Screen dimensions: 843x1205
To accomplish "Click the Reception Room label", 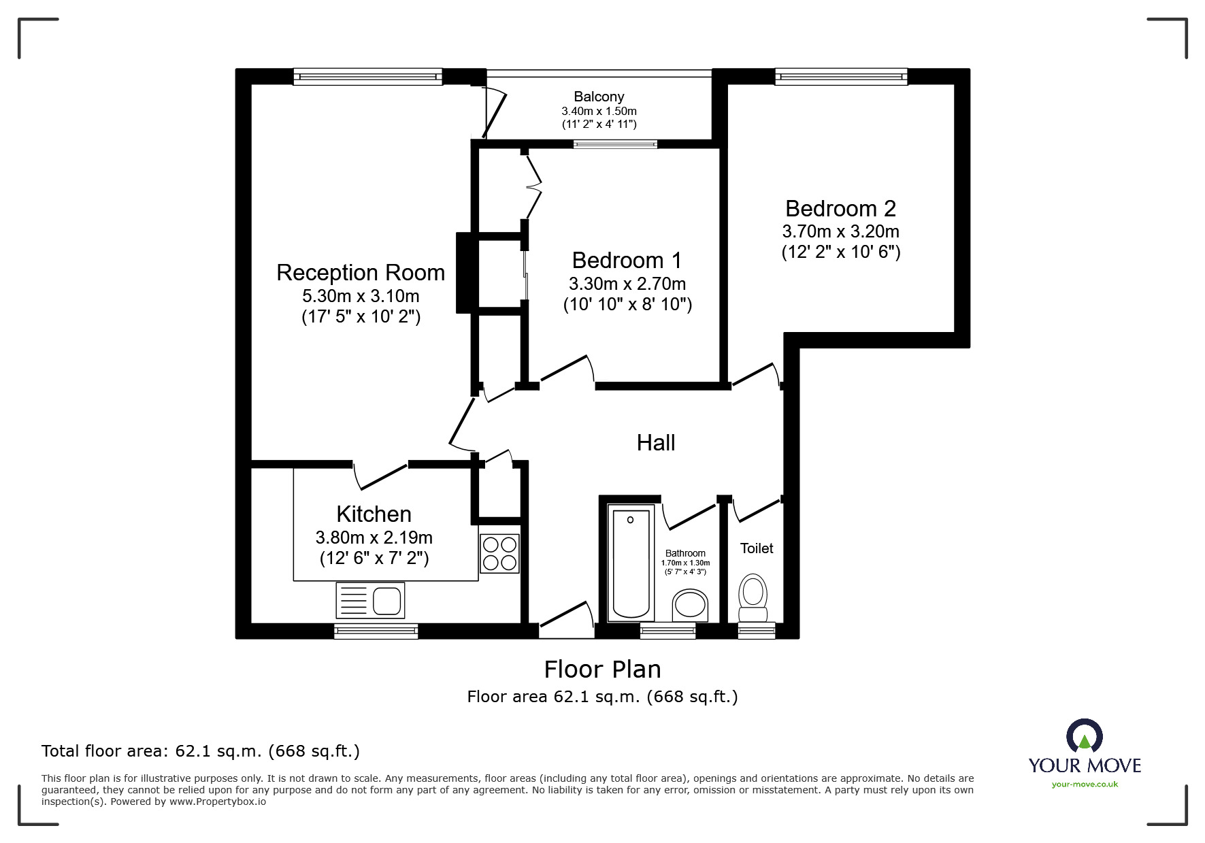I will pos(360,273).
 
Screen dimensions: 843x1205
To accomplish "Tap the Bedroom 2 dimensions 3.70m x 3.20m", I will pos(840,231).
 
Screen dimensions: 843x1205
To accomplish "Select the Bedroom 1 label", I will pos(626,261).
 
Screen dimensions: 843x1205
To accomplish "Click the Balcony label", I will pos(598,97).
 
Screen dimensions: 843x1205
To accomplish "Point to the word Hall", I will pos(655,443).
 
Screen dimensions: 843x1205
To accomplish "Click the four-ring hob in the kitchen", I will pos(499,553).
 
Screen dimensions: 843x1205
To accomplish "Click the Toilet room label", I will pos(756,548).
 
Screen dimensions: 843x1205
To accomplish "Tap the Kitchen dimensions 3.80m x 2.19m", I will pos(374,538).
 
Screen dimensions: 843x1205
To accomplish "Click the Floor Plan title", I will pos(602,670).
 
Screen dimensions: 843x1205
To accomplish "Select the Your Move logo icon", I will pos(1084,737).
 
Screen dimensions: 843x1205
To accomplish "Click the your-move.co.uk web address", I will pos(1085,784).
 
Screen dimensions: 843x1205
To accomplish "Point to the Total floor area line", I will pos(200,751).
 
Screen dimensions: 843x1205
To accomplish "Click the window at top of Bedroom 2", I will pos(841,76).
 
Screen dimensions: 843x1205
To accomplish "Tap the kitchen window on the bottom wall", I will pos(376,631).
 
